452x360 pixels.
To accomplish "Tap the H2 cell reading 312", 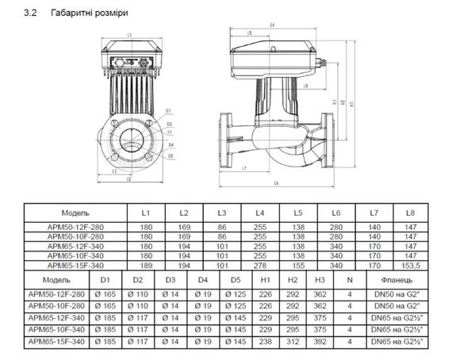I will point(293,341).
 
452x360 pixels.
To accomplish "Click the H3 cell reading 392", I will point(320,341).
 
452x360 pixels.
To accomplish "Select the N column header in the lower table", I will point(349,280).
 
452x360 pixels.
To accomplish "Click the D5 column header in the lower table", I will point(236,280).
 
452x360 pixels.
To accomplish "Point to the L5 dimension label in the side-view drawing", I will point(251,33).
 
